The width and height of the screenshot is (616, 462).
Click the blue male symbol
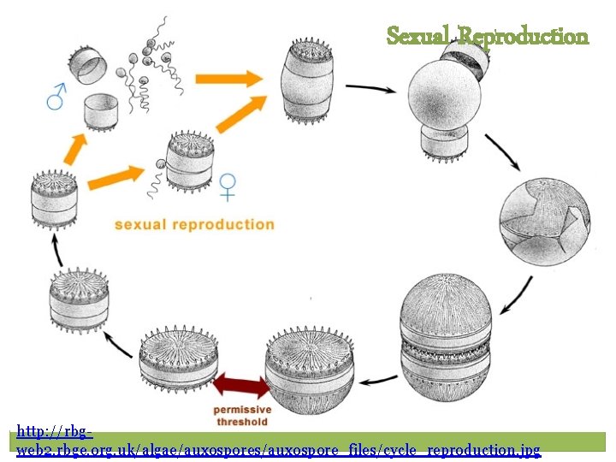point(56,97)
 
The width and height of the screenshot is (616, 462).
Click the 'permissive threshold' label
point(241,416)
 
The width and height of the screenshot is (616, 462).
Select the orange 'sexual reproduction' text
point(194,225)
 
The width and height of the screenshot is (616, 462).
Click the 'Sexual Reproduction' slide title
point(487,36)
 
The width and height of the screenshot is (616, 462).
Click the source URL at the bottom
point(279,442)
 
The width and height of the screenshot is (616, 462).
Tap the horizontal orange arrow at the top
point(228,79)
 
